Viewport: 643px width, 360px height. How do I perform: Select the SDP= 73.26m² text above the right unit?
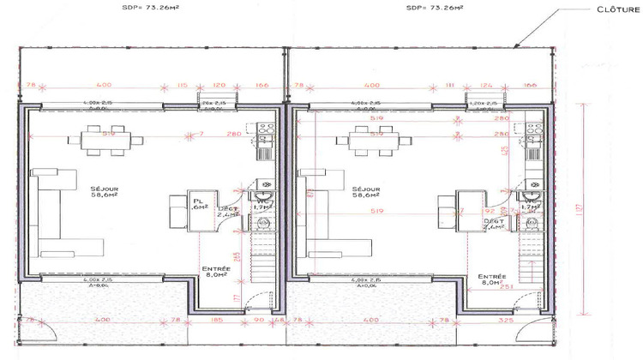tap(435, 8)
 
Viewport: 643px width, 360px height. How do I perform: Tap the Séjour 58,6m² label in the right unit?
tap(371, 192)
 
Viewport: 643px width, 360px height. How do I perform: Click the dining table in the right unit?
tap(372, 139)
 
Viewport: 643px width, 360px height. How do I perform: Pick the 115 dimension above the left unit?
tap(182, 86)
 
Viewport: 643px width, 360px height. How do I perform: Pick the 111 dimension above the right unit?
tap(448, 86)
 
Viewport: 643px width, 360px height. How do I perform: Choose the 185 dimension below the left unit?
tap(218, 321)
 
